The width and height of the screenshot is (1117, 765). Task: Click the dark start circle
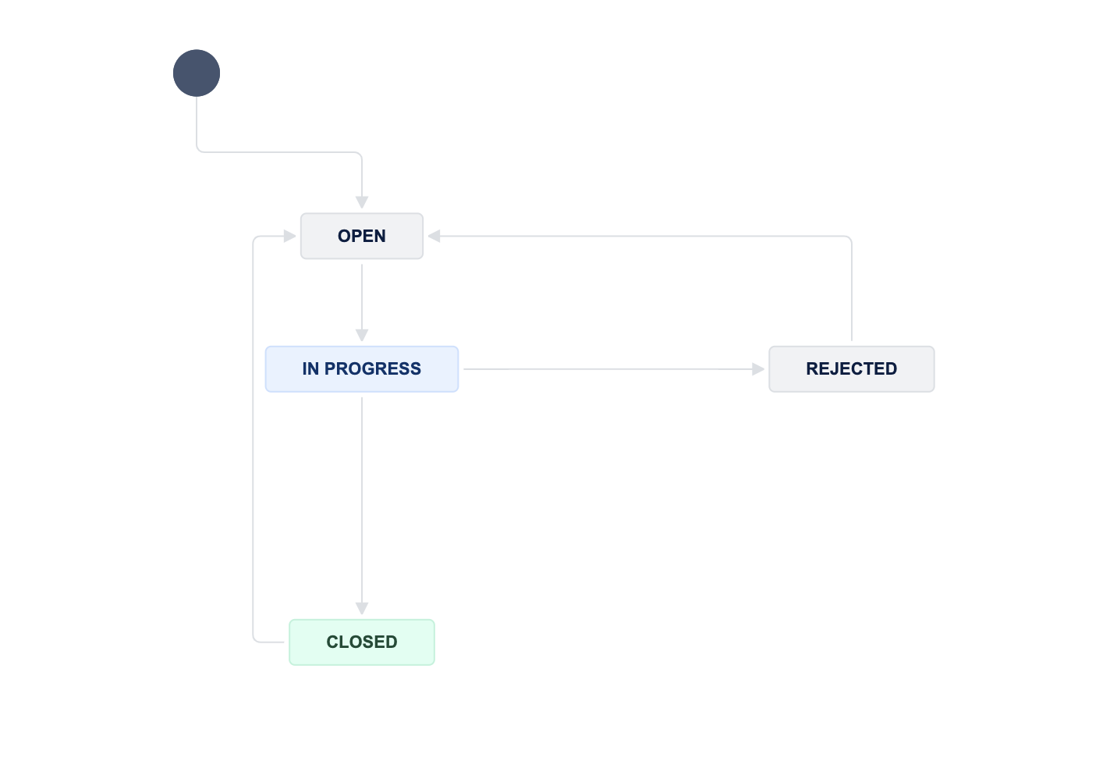[x=197, y=73]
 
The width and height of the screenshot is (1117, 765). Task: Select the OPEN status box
[x=362, y=236]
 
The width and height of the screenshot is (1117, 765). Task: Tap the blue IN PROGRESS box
[x=362, y=369]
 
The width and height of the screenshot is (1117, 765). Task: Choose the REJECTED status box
[x=852, y=369]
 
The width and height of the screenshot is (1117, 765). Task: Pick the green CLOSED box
[x=362, y=642]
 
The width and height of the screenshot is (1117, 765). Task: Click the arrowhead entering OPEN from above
[x=362, y=203]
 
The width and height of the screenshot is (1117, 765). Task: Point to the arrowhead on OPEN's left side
[x=290, y=236]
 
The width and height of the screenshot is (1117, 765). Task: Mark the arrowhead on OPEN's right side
[x=434, y=236]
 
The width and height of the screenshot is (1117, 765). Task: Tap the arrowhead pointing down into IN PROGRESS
[x=362, y=336]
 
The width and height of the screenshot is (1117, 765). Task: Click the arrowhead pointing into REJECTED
[x=758, y=369]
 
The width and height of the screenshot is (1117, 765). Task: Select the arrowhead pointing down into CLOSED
[x=362, y=609]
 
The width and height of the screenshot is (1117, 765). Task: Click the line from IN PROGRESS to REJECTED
[x=608, y=369]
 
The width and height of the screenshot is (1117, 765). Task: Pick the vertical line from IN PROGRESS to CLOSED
[x=362, y=500]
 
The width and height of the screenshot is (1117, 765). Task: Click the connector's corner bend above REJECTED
[x=850, y=237]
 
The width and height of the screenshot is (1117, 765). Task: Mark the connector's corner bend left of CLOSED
[x=254, y=640]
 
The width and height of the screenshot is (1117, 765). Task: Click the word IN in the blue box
[x=310, y=369]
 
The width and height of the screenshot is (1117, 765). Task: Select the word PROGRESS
[x=373, y=369]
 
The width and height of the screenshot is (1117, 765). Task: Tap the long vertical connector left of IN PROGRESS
[x=254, y=437]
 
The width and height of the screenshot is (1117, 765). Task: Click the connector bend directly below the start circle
[x=198, y=151]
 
